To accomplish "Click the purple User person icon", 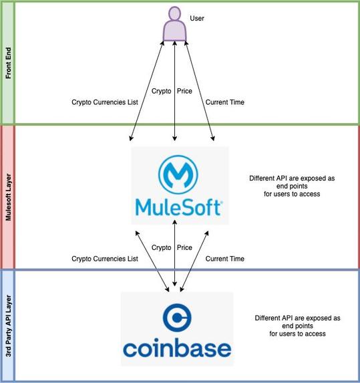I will tap(174, 23).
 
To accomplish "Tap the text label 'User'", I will tap(197, 18).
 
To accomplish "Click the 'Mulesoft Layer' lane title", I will tap(8, 198).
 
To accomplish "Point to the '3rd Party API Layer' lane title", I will tap(8, 326).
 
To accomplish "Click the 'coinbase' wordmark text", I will tap(177, 348).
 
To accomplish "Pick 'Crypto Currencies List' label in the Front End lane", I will tap(104, 102).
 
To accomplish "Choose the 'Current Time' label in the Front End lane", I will tap(225, 102).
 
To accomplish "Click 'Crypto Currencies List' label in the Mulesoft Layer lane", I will tap(104, 259).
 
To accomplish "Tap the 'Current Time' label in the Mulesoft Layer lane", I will tap(225, 259).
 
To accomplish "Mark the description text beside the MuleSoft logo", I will tap(292, 186).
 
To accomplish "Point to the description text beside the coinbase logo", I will tap(298, 326).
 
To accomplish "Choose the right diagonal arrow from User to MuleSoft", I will tap(200, 90).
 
